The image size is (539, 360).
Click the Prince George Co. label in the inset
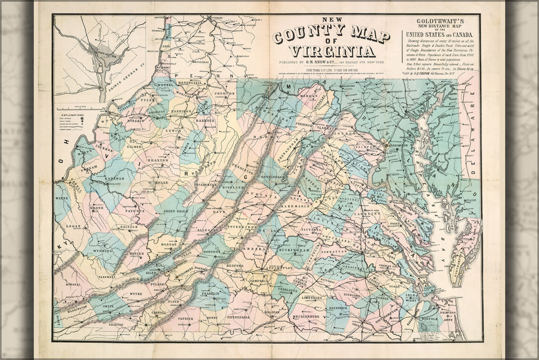(x=126, y=82)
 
